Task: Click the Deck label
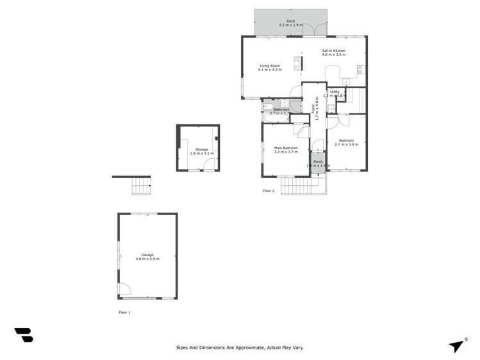[291, 21]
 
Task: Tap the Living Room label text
[270, 65]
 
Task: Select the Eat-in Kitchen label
[333, 51]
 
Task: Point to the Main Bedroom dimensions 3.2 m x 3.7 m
[286, 152]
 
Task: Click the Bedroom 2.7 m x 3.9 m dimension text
[346, 145]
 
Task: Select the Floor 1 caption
[124, 312]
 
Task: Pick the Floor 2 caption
[269, 191]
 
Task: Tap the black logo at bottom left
[24, 334]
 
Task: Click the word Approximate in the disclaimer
[251, 347]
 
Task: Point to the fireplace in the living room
[298, 63]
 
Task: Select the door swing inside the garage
[124, 289]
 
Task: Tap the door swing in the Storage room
[208, 165]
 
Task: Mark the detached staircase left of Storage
[141, 186]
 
